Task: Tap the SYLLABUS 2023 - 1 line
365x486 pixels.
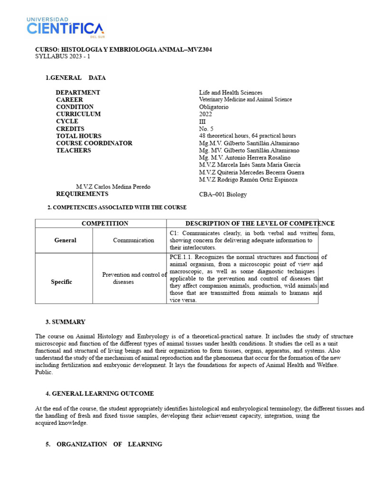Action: point(62,56)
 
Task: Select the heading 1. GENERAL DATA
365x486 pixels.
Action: point(75,78)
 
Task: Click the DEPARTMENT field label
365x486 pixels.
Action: point(78,93)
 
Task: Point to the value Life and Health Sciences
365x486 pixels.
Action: point(231,93)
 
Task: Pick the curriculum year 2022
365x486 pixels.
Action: point(205,114)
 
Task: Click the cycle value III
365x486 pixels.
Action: point(202,121)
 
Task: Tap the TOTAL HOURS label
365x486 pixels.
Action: point(78,136)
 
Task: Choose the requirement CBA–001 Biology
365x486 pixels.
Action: point(223,194)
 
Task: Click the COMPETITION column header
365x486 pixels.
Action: point(105,224)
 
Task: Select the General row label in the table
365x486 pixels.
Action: point(65,240)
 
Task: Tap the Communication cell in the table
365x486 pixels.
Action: point(134,240)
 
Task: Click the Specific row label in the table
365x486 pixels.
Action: point(62,282)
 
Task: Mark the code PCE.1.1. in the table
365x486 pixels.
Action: point(181,257)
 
